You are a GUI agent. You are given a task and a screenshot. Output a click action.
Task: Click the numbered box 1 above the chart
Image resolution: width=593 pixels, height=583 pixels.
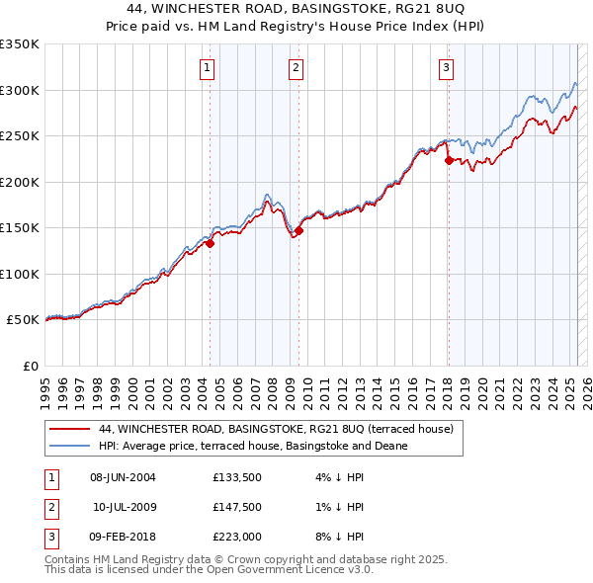point(207,68)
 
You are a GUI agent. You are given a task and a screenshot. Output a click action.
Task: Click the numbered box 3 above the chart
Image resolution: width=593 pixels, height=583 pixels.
point(447,68)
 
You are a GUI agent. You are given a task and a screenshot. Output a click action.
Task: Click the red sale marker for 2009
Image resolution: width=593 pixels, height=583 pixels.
point(298,230)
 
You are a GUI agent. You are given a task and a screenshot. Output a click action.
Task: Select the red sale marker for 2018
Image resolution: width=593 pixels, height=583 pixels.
point(449,160)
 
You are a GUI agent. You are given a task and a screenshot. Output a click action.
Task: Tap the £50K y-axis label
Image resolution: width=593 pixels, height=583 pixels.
point(23,320)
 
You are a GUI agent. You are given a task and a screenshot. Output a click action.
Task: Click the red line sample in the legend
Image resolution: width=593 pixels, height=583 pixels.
point(70,429)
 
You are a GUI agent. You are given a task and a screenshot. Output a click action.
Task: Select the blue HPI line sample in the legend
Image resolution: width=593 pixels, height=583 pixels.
point(70,446)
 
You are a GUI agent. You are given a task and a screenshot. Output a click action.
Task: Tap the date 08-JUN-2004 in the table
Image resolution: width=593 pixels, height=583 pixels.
point(123,478)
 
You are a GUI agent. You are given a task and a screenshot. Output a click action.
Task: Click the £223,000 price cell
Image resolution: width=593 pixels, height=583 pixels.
point(236,538)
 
